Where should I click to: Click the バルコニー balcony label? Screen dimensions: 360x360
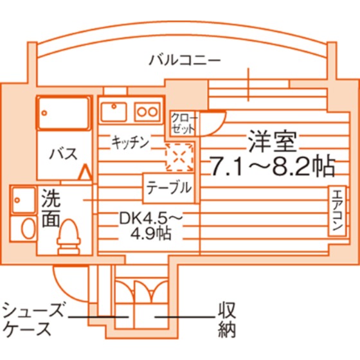[x=185, y=60]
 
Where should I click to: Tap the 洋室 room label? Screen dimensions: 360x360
[x=273, y=141]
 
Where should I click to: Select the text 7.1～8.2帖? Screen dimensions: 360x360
[x=272, y=166]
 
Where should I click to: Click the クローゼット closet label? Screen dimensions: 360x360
[x=184, y=123]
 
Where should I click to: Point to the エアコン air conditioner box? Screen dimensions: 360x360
[x=337, y=211]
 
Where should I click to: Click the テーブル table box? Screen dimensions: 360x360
[x=169, y=188]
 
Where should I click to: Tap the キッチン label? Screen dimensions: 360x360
[x=130, y=142]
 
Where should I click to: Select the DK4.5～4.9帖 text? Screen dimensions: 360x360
[x=150, y=227]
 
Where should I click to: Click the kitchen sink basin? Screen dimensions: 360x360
[x=114, y=112]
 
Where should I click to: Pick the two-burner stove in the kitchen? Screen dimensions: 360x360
[x=147, y=112]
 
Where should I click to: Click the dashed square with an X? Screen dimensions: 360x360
[x=179, y=157]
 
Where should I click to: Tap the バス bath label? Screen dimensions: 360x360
[x=64, y=154]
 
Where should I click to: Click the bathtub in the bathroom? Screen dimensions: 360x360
[x=64, y=113]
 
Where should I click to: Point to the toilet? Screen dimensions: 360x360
[x=69, y=237]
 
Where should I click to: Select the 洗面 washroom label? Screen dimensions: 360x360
[x=51, y=208]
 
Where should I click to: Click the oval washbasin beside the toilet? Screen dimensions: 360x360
[x=28, y=228]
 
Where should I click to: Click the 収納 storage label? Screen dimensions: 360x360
[x=227, y=319]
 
